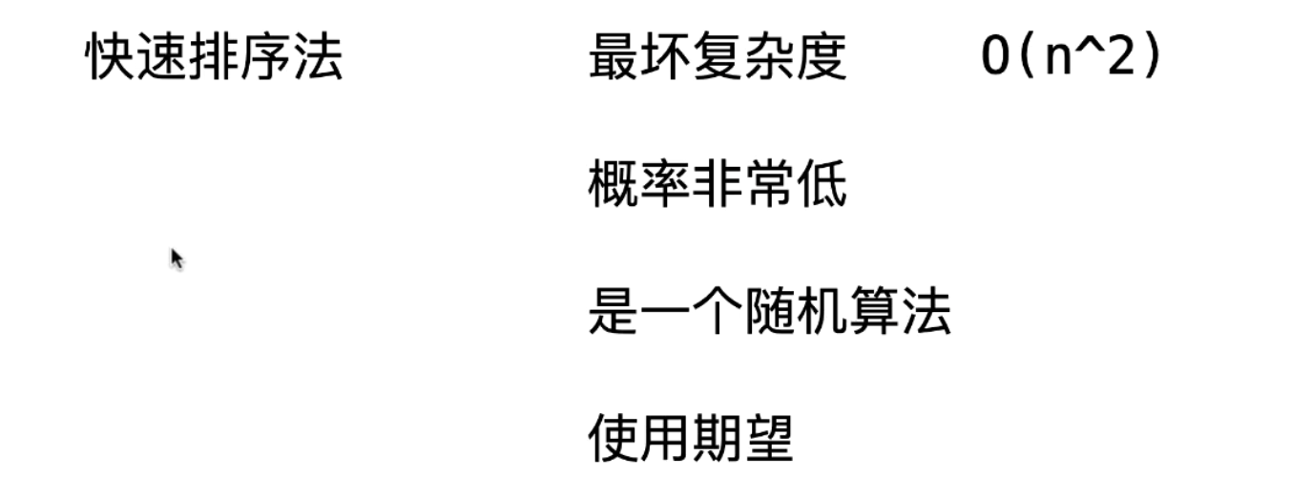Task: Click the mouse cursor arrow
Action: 176,258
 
